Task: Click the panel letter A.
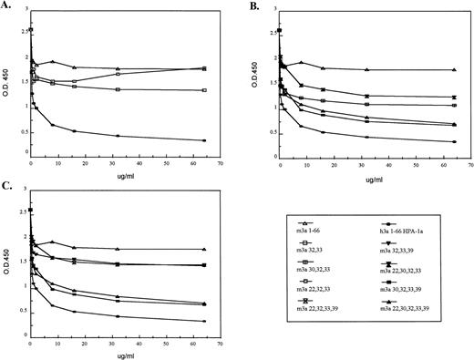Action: coord(6,6)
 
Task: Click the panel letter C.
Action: coord(6,186)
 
